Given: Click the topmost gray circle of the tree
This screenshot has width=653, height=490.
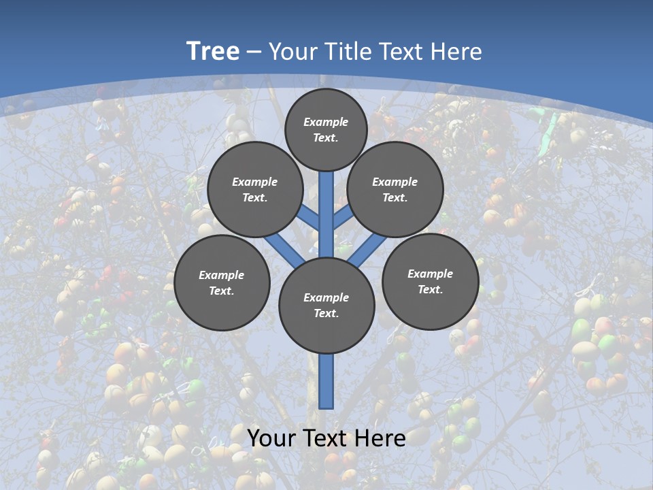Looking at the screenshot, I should tap(326, 129).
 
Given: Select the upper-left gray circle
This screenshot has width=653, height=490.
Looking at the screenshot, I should tap(255, 189).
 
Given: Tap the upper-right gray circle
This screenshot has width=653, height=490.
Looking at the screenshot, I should tap(395, 189).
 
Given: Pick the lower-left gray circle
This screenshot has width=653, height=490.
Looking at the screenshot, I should tap(222, 282).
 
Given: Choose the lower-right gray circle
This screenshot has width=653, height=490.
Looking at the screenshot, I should tap(431, 281).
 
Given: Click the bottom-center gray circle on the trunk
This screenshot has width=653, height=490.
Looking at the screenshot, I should tap(326, 306).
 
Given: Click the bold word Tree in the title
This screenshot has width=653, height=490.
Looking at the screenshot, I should tap(213, 51).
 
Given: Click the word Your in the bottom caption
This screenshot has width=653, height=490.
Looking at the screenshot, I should tap(271, 438).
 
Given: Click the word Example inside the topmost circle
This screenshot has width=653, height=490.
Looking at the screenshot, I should tap(326, 122).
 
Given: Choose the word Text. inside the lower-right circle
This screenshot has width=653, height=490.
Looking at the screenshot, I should tap(430, 289).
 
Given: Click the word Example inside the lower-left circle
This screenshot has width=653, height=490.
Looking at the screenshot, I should tap(221, 275).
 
